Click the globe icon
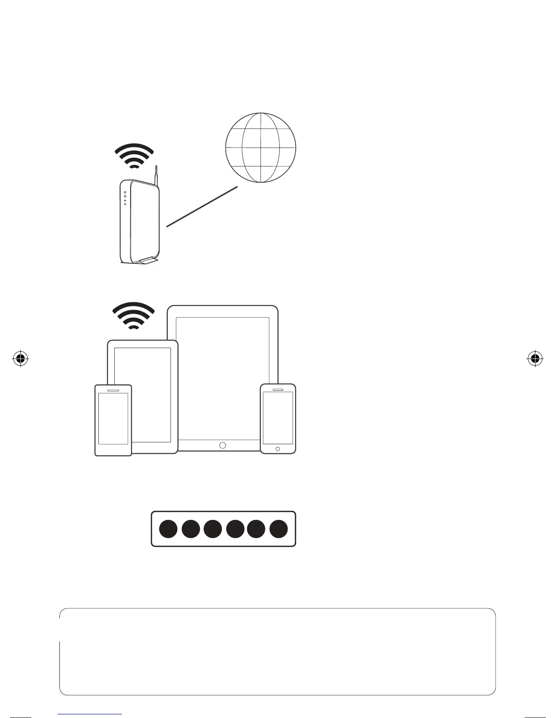tap(261, 148)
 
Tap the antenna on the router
tap(156, 175)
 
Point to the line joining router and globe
tap(202, 206)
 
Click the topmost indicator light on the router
tap(125, 192)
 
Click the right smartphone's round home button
tap(277, 449)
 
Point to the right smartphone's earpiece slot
tap(277, 388)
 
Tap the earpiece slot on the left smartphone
tap(113, 390)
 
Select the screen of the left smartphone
tap(113, 418)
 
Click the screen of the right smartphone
tap(278, 417)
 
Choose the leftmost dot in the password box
tap(168, 529)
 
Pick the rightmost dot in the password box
tap(278, 529)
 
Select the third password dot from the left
tap(212, 529)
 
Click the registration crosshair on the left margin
tap(20, 359)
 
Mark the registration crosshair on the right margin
tap(535, 359)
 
